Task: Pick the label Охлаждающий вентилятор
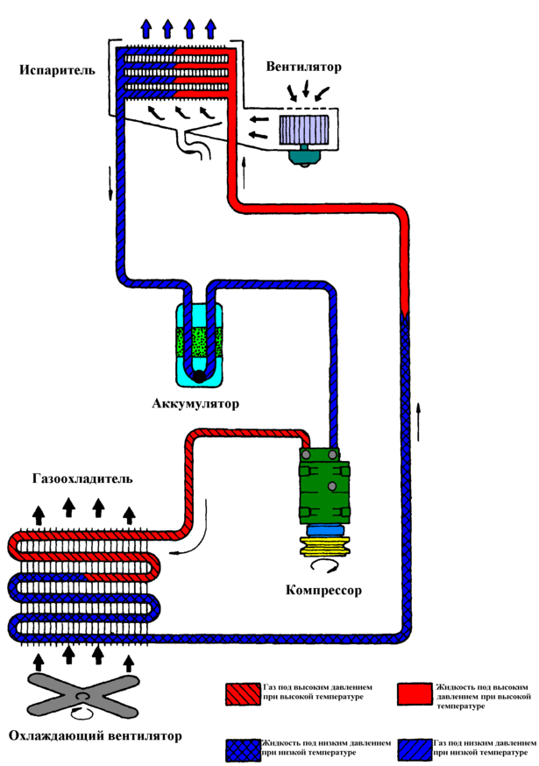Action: (x=95, y=735)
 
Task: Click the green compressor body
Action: (x=325, y=486)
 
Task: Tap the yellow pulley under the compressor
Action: (x=325, y=547)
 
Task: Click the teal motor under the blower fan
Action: (x=306, y=156)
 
